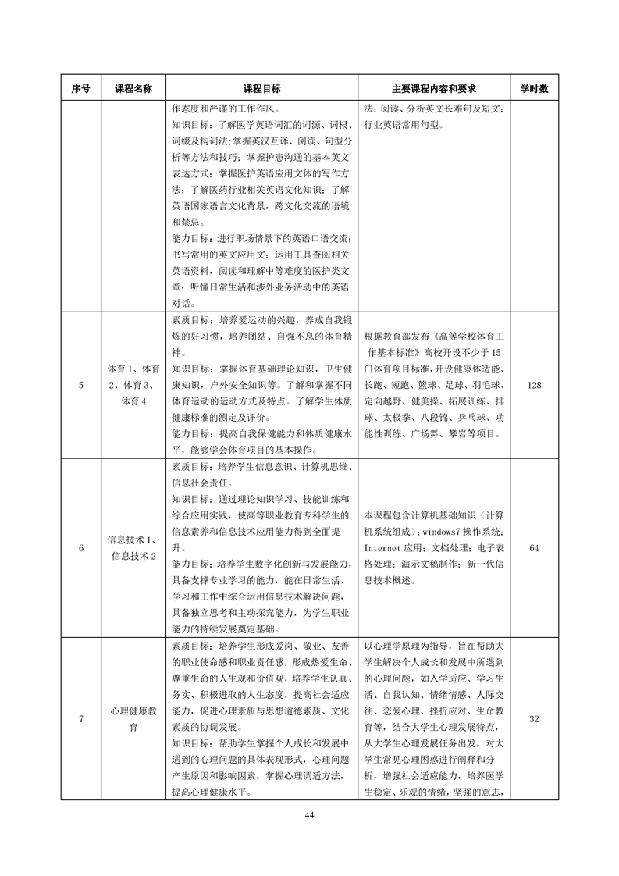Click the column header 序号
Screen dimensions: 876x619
[81, 89]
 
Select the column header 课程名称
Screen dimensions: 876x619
[133, 89]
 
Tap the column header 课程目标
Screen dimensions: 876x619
[262, 89]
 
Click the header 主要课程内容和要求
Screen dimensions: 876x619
[434, 89]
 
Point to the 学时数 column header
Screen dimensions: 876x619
[534, 89]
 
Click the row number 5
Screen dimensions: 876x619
[81, 385]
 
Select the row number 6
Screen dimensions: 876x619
[81, 548]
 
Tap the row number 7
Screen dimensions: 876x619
[81, 719]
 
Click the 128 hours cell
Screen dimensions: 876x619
[534, 385]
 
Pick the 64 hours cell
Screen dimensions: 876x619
[534, 548]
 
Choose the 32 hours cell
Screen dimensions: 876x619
[534, 719]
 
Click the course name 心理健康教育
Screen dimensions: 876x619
[133, 719]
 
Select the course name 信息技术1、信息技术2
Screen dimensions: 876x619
[133, 548]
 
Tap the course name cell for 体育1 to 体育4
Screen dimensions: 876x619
[133, 385]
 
